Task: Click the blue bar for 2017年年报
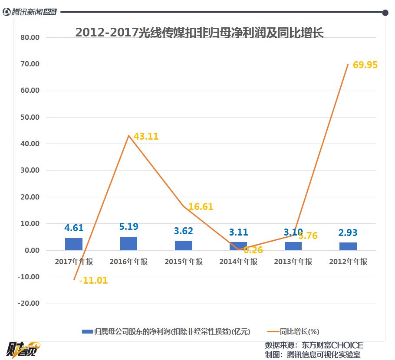pos(73,244)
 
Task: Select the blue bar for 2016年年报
pos(128,243)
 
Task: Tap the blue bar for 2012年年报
pos(348,246)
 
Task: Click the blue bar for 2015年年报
pos(183,245)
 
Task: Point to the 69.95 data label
pos(365,65)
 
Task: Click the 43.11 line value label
pos(146,136)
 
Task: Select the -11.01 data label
pos(93,281)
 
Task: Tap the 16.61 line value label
pos(201,206)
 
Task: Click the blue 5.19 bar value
pos(128,226)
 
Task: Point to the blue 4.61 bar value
pos(74,228)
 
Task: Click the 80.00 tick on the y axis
pos(30,37)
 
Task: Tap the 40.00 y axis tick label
pos(30,144)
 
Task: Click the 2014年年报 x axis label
pos(238,262)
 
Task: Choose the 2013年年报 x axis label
pos(293,262)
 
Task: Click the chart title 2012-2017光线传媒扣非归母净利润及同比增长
pos(200,33)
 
